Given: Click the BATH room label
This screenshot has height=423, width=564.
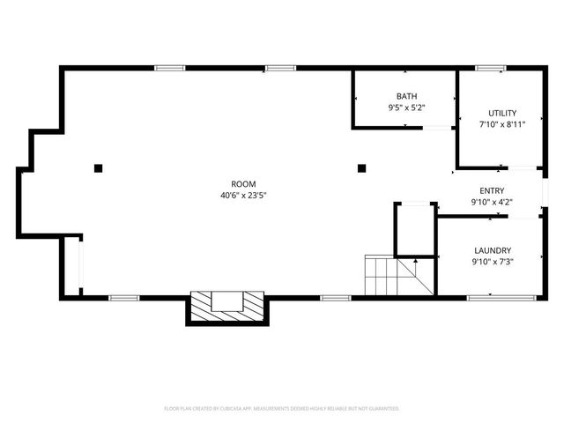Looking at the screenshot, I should click(x=406, y=96).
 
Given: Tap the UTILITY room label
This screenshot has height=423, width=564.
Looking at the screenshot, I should click(x=502, y=113).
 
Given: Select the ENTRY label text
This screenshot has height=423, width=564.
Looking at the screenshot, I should click(x=492, y=190).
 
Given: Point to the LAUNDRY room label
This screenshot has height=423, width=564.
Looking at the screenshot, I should click(x=492, y=249).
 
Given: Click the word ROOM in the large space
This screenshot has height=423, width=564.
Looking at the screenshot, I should click(x=244, y=183).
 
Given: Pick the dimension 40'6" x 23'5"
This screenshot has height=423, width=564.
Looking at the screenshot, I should click(x=244, y=195).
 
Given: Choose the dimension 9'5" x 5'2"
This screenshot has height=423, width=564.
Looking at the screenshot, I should click(x=406, y=108).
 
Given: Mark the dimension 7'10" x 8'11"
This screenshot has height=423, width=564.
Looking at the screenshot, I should click(x=502, y=124).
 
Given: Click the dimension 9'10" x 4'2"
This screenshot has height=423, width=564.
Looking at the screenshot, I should click(x=492, y=202).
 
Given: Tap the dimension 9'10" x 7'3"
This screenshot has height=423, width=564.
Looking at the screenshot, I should click(x=492, y=261).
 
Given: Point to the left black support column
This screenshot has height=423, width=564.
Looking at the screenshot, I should click(x=100, y=167).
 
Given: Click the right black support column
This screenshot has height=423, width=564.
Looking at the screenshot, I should click(x=360, y=167).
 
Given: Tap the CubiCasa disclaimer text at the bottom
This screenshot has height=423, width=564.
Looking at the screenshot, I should click(x=282, y=408).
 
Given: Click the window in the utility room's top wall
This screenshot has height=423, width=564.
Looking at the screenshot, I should click(x=489, y=68).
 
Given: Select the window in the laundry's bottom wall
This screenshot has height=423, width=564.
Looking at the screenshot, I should click(x=491, y=298).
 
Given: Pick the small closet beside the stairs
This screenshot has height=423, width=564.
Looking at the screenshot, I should click(x=414, y=231).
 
